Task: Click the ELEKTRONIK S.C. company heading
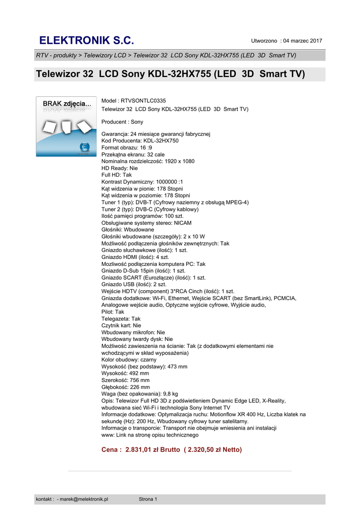86,40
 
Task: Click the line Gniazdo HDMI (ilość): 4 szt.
135,257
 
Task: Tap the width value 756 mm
140,380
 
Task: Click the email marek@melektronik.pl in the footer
84,499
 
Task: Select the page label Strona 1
148,499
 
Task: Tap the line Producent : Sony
122,122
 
